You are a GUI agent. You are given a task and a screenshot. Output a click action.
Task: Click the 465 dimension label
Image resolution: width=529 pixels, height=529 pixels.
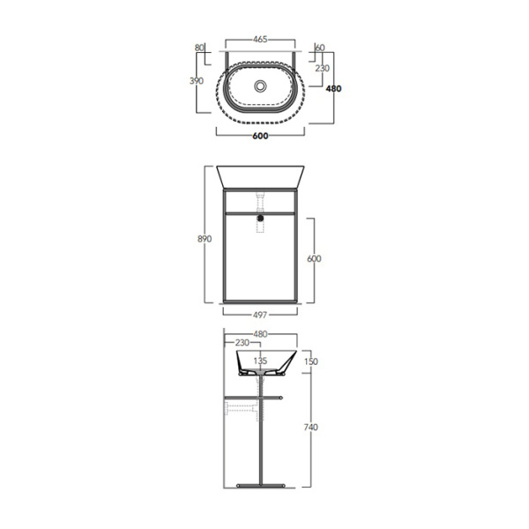(260, 40)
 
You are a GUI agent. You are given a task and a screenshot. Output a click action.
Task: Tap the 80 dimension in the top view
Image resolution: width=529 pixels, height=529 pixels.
(199, 48)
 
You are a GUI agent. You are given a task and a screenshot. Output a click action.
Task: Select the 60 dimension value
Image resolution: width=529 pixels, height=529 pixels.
(320, 48)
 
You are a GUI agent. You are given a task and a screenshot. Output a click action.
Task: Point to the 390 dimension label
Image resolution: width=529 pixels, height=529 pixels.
(197, 80)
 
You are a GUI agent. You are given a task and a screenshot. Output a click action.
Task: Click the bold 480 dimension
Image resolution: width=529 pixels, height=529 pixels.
(333, 89)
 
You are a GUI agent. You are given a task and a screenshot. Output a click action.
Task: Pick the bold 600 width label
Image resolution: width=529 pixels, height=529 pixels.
(260, 136)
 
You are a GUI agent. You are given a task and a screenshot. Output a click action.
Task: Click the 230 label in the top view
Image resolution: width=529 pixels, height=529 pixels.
(322, 68)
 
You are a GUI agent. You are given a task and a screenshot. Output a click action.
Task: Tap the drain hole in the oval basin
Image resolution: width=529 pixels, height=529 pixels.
(260, 86)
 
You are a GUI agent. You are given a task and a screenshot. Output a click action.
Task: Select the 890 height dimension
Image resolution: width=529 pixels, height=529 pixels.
(205, 239)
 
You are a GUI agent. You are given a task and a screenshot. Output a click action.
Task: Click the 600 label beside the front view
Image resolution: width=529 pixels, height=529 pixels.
(314, 258)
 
